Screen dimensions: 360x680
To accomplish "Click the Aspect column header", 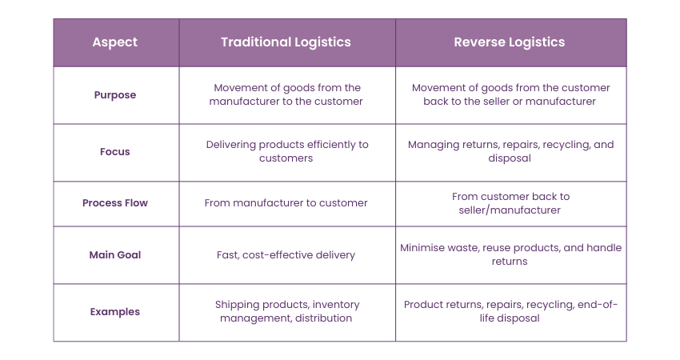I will (115, 42).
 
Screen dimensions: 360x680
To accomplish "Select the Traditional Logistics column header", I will (286, 42).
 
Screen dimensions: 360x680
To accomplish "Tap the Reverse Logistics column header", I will (510, 42).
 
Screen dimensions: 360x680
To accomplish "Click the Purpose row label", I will (115, 94).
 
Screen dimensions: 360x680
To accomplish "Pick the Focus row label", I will (115, 151).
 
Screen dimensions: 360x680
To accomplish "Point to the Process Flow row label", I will (115, 203).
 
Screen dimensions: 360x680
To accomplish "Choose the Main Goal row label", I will (115, 255).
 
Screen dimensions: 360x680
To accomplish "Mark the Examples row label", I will (115, 312).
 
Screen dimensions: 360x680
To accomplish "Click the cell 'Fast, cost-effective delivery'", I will (286, 255).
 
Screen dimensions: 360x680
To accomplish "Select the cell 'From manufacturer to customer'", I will (286, 203).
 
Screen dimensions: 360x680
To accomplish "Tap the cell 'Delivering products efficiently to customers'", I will (286, 151).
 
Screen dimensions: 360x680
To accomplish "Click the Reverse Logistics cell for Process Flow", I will (510, 203).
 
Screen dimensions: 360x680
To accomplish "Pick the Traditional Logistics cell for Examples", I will (286, 311).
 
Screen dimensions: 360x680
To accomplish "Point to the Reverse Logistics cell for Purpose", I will (510, 94).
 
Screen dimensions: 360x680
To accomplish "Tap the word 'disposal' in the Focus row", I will (510, 158).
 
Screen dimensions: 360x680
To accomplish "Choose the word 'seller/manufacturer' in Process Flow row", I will (510, 210).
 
